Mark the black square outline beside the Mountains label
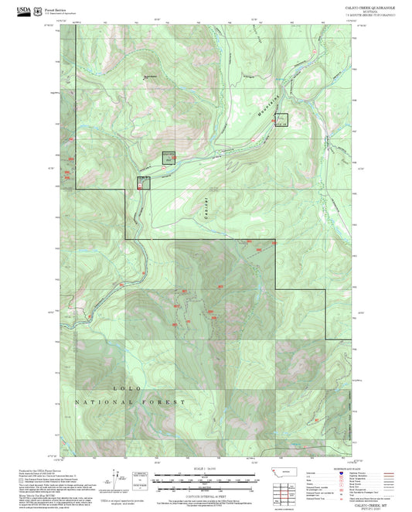tap(281, 119)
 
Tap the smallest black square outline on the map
tap(142, 183)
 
